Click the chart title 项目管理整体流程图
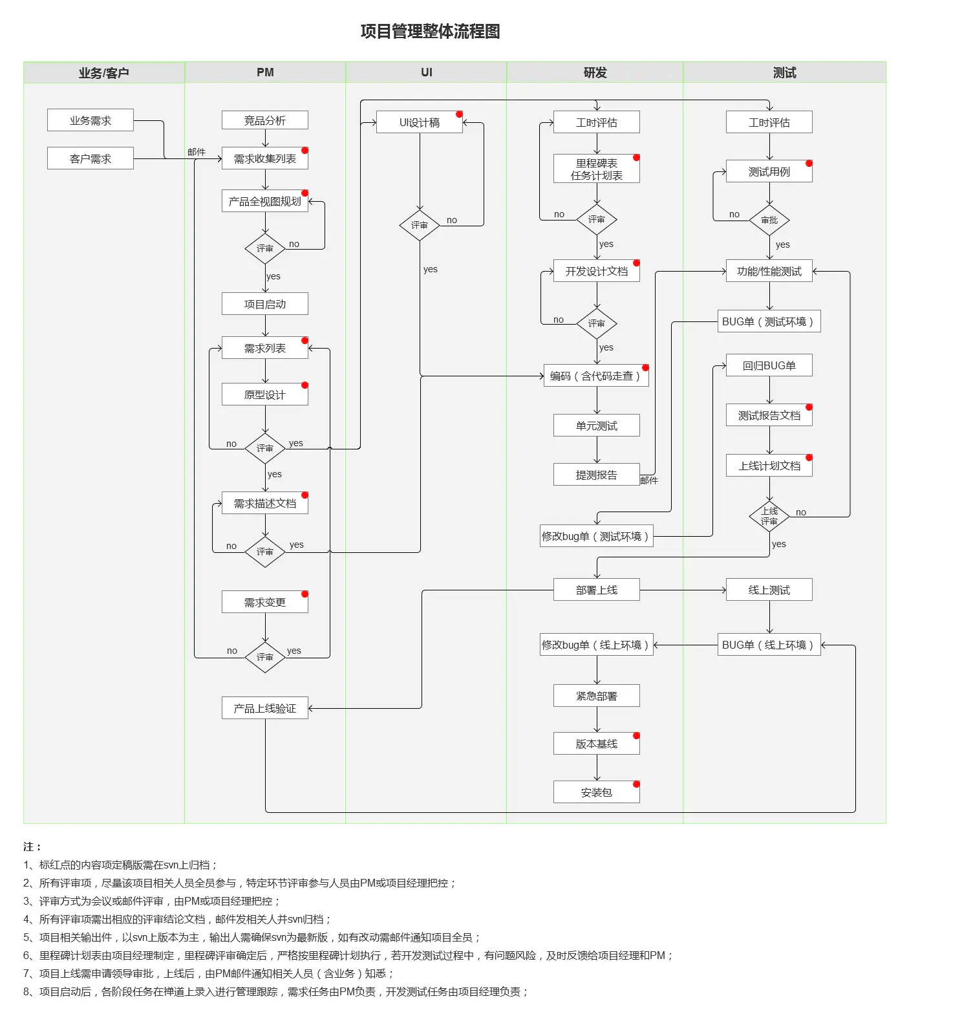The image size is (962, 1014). point(430,31)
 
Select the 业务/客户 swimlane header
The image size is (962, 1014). point(103,72)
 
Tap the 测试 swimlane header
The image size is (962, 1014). point(784,72)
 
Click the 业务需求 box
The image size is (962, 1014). point(91,120)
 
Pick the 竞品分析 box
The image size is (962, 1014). point(264,120)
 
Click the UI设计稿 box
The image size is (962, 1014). point(419,122)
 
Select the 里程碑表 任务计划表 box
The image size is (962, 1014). point(596,169)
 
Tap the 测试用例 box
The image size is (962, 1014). point(769,171)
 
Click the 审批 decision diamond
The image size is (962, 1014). point(769,221)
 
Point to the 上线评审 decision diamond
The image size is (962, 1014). point(769,516)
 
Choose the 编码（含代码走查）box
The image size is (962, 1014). point(595,376)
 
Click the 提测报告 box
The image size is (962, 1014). point(596,475)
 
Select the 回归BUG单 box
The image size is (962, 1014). point(769,365)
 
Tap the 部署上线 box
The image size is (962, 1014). point(596,590)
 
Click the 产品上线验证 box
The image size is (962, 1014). point(264,708)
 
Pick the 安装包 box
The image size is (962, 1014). point(596,792)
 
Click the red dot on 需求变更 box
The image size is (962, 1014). point(305,594)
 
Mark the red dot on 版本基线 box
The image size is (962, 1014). point(636,736)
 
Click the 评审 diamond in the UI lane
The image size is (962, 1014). point(420,225)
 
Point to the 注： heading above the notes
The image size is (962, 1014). point(32,847)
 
